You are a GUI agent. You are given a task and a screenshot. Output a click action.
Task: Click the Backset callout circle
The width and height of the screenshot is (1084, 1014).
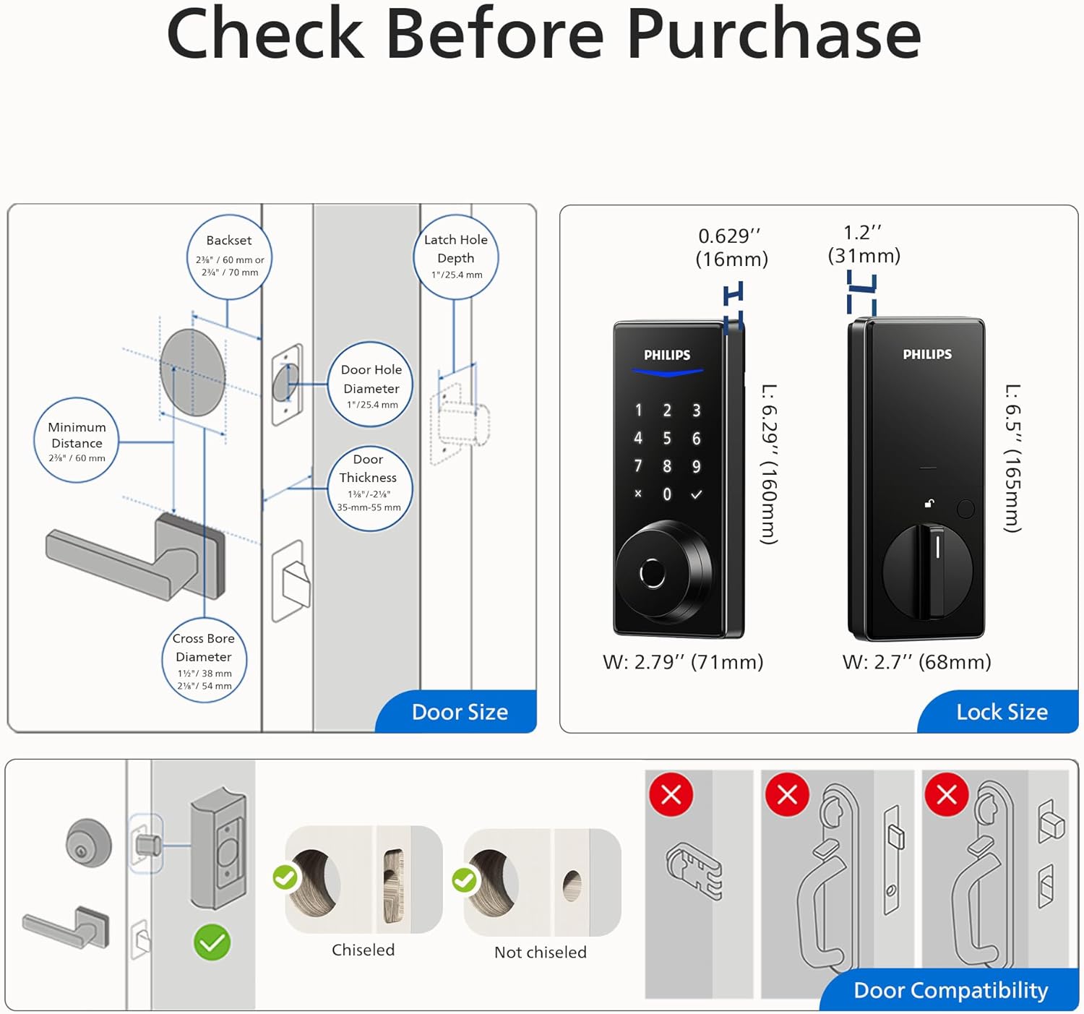(229, 257)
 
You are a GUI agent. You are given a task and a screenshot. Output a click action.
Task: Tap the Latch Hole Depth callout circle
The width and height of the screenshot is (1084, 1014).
(455, 257)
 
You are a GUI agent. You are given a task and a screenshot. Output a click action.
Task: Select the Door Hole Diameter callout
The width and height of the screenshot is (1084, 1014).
(371, 385)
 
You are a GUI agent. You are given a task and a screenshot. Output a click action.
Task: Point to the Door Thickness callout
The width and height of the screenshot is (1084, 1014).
(369, 489)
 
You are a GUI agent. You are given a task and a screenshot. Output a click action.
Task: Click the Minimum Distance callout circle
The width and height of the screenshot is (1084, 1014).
(77, 440)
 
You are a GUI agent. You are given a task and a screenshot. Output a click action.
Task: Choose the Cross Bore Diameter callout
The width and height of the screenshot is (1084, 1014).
(204, 660)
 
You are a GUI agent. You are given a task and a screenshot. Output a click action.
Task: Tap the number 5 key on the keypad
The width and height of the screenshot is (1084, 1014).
(666, 439)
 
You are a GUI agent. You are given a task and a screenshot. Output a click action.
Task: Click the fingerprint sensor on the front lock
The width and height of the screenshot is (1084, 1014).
(652, 574)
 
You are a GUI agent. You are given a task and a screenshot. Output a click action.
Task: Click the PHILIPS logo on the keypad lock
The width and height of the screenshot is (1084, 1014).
(666, 355)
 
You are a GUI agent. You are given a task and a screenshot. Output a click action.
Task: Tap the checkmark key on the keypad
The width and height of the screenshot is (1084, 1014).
(696, 494)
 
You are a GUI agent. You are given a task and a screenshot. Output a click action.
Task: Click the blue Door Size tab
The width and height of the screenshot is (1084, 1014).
(460, 712)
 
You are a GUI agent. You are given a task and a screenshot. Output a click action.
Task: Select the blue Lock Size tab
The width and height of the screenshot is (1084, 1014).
(1002, 712)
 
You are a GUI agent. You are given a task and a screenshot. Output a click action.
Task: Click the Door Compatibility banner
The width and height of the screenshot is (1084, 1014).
(950, 990)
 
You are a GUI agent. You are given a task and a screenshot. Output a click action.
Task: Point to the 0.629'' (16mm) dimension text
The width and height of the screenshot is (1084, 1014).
(731, 247)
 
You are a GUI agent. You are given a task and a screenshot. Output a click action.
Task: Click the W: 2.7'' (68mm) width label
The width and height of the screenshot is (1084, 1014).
(916, 662)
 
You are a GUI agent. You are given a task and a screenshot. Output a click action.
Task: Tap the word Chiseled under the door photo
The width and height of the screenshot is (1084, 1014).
(363, 950)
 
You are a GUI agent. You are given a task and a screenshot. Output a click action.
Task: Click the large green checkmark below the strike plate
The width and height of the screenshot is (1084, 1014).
(212, 942)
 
